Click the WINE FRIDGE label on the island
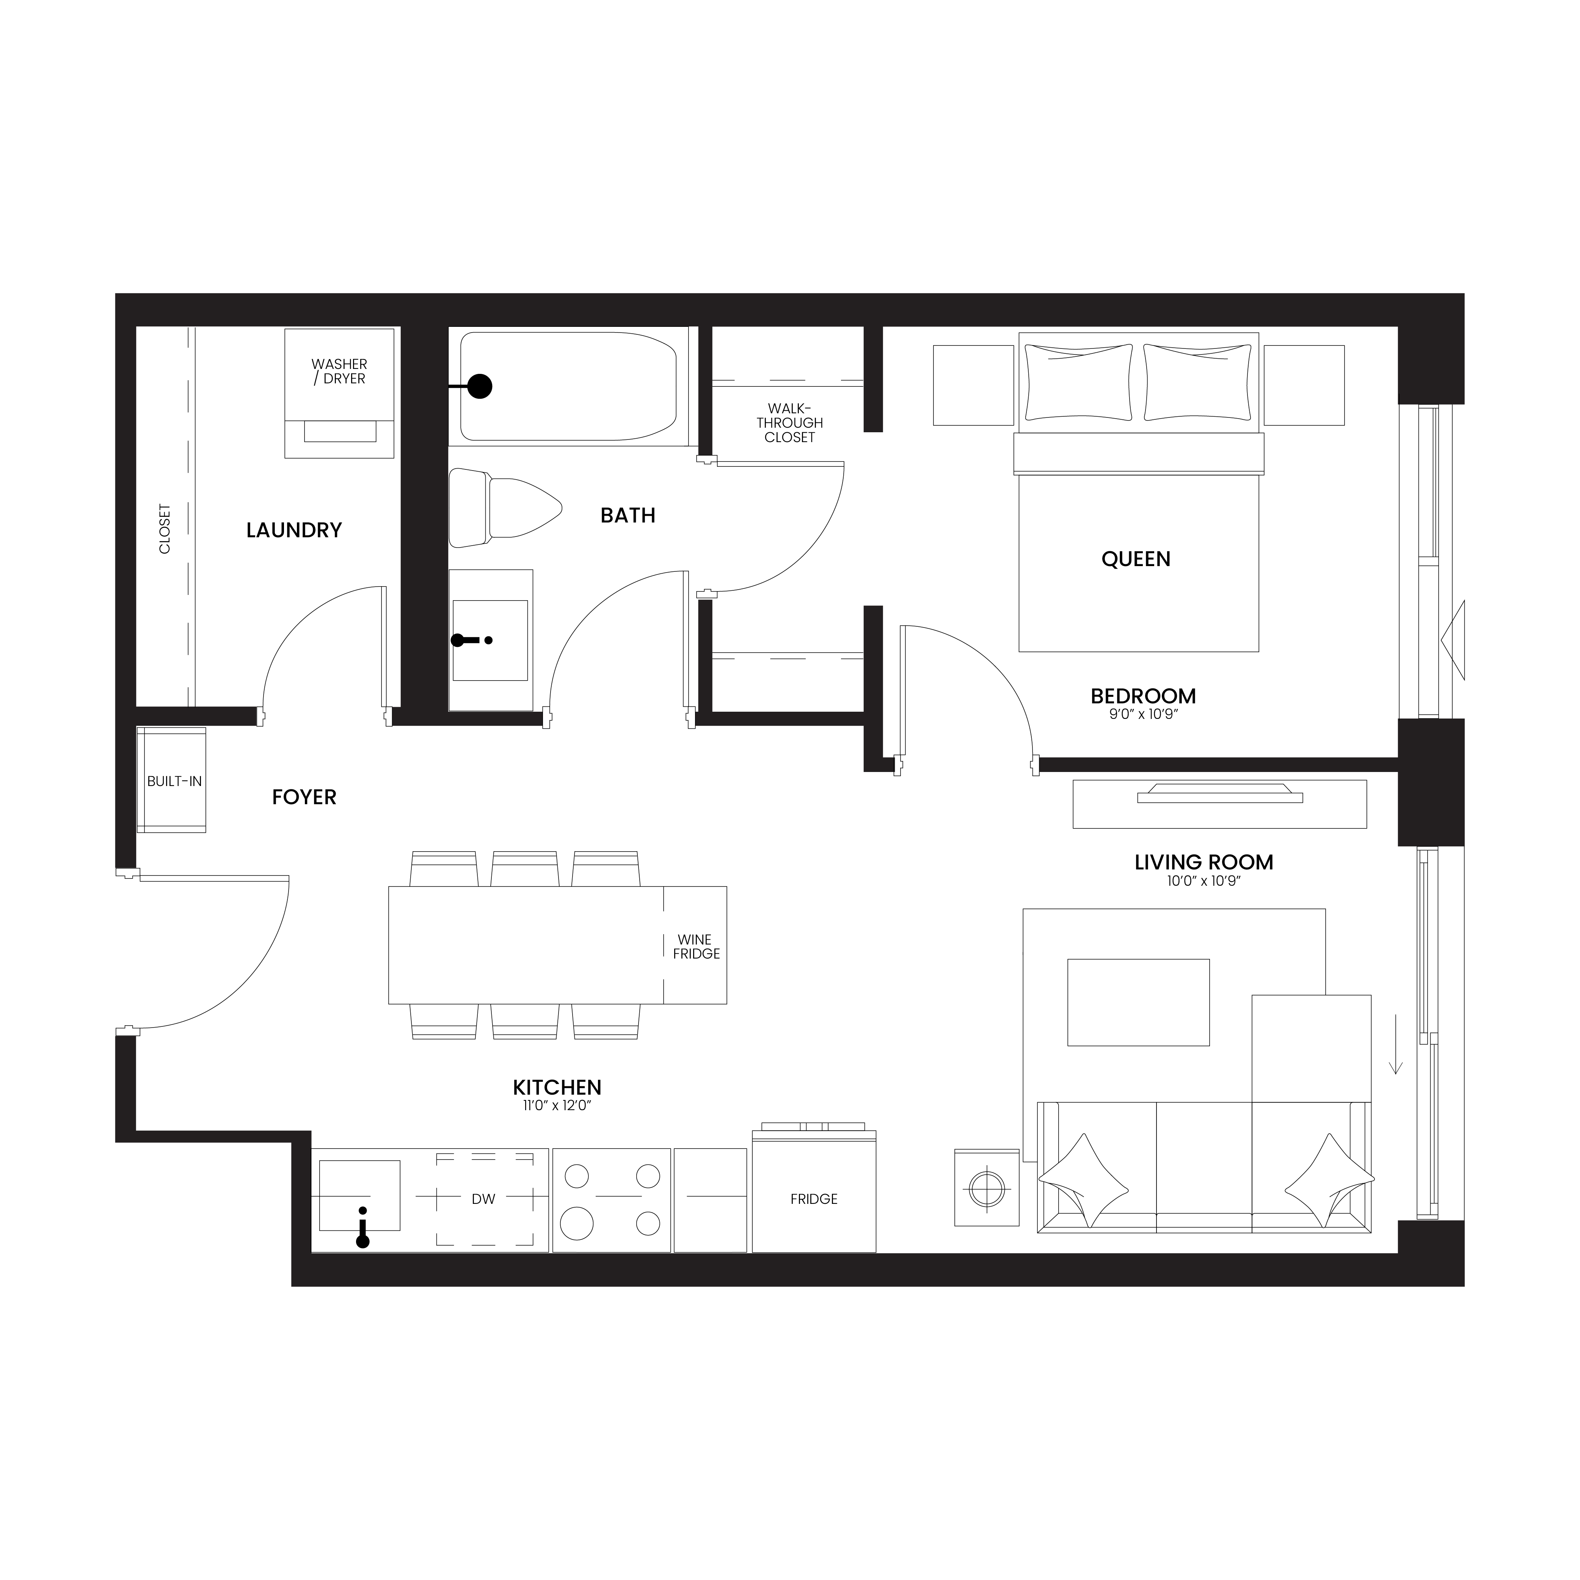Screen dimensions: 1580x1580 pos(696,946)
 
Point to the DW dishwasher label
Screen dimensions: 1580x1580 pos(483,1199)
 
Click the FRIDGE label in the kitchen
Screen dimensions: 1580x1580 pos(814,1199)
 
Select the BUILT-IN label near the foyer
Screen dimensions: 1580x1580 pos(174,781)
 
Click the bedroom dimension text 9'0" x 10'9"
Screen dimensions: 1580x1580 pos(1143,714)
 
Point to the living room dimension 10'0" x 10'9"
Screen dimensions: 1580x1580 pos(1204,881)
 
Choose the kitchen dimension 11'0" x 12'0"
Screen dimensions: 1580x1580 pos(557,1106)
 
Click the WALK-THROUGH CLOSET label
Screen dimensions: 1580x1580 pos(789,423)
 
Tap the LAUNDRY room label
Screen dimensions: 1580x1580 pos(293,530)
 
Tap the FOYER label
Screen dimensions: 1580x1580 pos(304,797)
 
